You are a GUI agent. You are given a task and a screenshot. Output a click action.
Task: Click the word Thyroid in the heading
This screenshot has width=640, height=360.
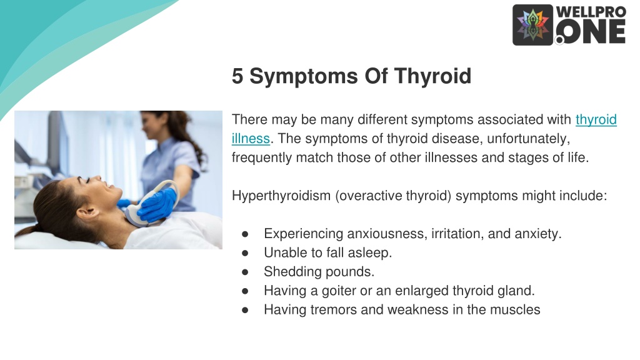[x=432, y=76]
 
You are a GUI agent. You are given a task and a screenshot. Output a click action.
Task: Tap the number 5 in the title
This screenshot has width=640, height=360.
[x=237, y=76]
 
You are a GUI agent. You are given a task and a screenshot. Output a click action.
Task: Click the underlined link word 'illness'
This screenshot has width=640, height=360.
[x=251, y=139]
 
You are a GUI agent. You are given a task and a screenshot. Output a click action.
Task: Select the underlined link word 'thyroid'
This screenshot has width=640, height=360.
[x=596, y=119]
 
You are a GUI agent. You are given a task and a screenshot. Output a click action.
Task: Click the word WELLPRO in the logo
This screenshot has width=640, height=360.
[x=591, y=12]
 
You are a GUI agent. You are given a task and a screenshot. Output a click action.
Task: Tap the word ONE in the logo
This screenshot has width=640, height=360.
[x=591, y=32]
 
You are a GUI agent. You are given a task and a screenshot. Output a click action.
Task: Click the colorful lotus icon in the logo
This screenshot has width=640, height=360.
[x=532, y=25]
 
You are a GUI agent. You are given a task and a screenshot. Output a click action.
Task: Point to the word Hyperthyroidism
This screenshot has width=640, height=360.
[x=281, y=196]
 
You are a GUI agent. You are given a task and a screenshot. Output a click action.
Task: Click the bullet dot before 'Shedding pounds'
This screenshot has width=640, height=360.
[x=245, y=272]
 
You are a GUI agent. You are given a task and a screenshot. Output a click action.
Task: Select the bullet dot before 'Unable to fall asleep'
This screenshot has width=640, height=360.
[x=245, y=253]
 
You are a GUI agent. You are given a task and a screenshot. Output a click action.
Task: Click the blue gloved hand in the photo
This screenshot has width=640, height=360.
[x=157, y=204]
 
